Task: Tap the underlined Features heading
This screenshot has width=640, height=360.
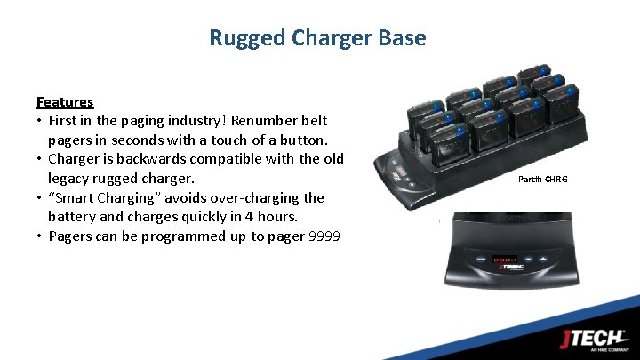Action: click(65, 102)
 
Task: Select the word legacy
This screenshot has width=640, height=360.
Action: click(72, 179)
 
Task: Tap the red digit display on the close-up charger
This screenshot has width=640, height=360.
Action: click(508, 260)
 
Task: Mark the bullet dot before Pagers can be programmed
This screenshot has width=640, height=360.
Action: click(40, 236)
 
